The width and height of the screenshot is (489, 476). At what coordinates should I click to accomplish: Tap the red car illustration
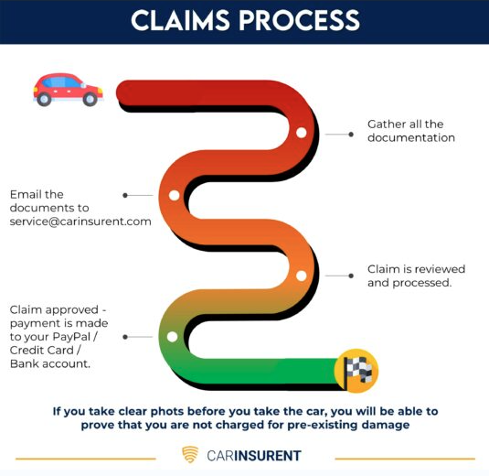(x=67, y=89)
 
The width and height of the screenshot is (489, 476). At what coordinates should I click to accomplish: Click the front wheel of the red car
(x=89, y=100)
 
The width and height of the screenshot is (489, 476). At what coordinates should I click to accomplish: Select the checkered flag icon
(x=356, y=369)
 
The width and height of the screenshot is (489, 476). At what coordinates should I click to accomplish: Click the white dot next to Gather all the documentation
(x=300, y=133)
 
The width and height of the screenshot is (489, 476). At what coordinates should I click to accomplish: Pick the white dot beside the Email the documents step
(x=174, y=194)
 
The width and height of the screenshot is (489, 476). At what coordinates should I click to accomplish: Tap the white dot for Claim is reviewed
(x=300, y=275)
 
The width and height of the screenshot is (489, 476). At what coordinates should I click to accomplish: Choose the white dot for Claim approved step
(x=171, y=336)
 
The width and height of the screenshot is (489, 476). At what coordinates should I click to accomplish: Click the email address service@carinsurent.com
(x=80, y=221)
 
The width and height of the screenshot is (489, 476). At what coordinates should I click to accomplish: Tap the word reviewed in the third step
(x=441, y=268)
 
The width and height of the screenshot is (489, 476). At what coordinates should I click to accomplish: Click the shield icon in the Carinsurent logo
(x=190, y=455)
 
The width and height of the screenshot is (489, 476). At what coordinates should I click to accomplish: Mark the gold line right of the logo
(x=404, y=458)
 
